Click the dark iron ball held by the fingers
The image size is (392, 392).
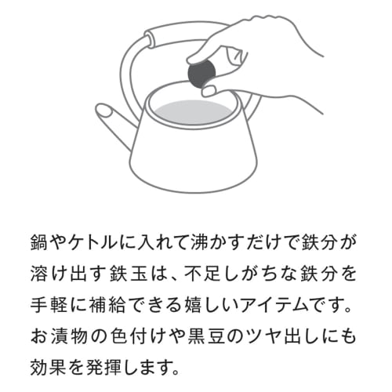(201, 74)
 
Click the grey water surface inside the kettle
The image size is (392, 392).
(194, 112)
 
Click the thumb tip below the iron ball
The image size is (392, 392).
(209, 90)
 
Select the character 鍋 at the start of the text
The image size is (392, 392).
(39, 243)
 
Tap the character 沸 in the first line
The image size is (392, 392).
(200, 243)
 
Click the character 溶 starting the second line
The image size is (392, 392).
(39, 274)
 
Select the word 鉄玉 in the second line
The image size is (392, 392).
(129, 274)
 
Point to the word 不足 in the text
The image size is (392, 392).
(201, 274)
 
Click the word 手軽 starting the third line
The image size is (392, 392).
(49, 305)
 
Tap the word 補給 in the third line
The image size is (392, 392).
(107, 305)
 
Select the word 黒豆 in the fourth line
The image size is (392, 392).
(206, 336)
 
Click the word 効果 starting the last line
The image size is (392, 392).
(49, 367)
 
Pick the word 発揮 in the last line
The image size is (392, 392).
(107, 367)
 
